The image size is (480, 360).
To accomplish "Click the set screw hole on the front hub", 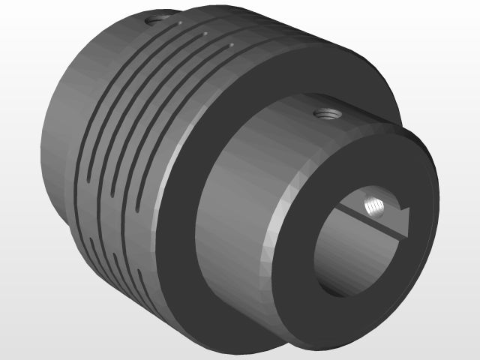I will click(x=327, y=115).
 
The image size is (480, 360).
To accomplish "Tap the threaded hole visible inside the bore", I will click(x=373, y=205).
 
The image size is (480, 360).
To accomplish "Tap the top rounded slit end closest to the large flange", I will click(x=230, y=46).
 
